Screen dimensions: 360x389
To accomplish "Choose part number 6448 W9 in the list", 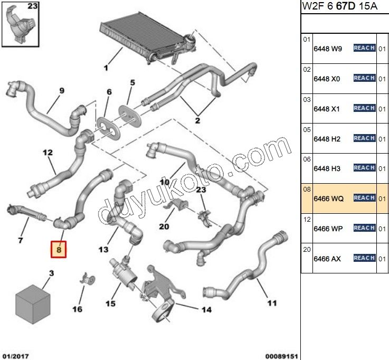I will tap(328, 49).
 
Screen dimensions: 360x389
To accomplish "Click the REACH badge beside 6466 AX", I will tap(364, 258).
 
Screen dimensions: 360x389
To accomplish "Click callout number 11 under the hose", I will tap(271, 302).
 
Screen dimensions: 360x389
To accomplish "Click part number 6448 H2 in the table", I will tap(328, 139).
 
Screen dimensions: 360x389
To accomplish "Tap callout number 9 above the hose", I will tap(61, 91).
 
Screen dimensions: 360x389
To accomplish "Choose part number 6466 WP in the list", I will tap(328, 228).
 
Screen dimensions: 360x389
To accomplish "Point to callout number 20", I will tap(163, 227).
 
